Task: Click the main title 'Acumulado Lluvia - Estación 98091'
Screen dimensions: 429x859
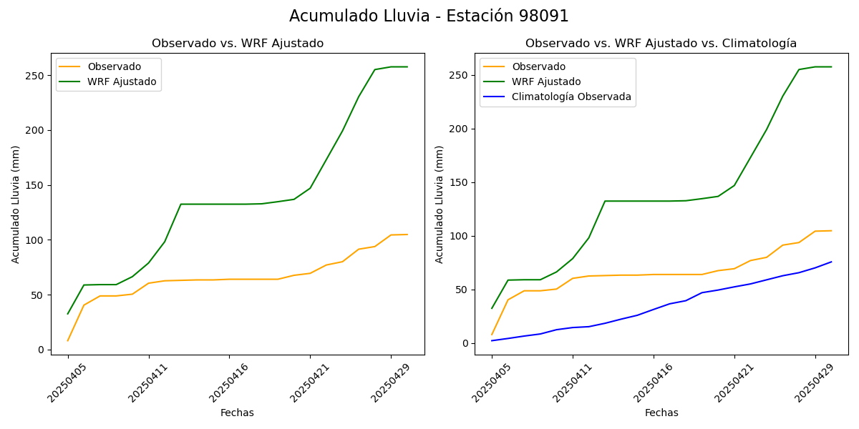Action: pos(429,16)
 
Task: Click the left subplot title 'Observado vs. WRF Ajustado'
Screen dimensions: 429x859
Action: pos(237,44)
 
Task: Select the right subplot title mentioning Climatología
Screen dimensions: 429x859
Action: pos(661,44)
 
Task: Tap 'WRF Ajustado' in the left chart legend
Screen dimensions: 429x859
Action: pos(122,82)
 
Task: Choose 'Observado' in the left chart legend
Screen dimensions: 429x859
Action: pos(115,66)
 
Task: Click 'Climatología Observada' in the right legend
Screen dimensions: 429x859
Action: pos(571,97)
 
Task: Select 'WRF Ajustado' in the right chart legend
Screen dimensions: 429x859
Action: pos(546,82)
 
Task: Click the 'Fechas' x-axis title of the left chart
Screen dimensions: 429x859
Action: pos(237,413)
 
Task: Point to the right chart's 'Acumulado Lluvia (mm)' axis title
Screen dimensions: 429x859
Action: pos(440,204)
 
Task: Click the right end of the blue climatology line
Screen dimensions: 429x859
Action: pos(831,262)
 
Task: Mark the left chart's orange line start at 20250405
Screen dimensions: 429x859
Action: pos(68,340)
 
